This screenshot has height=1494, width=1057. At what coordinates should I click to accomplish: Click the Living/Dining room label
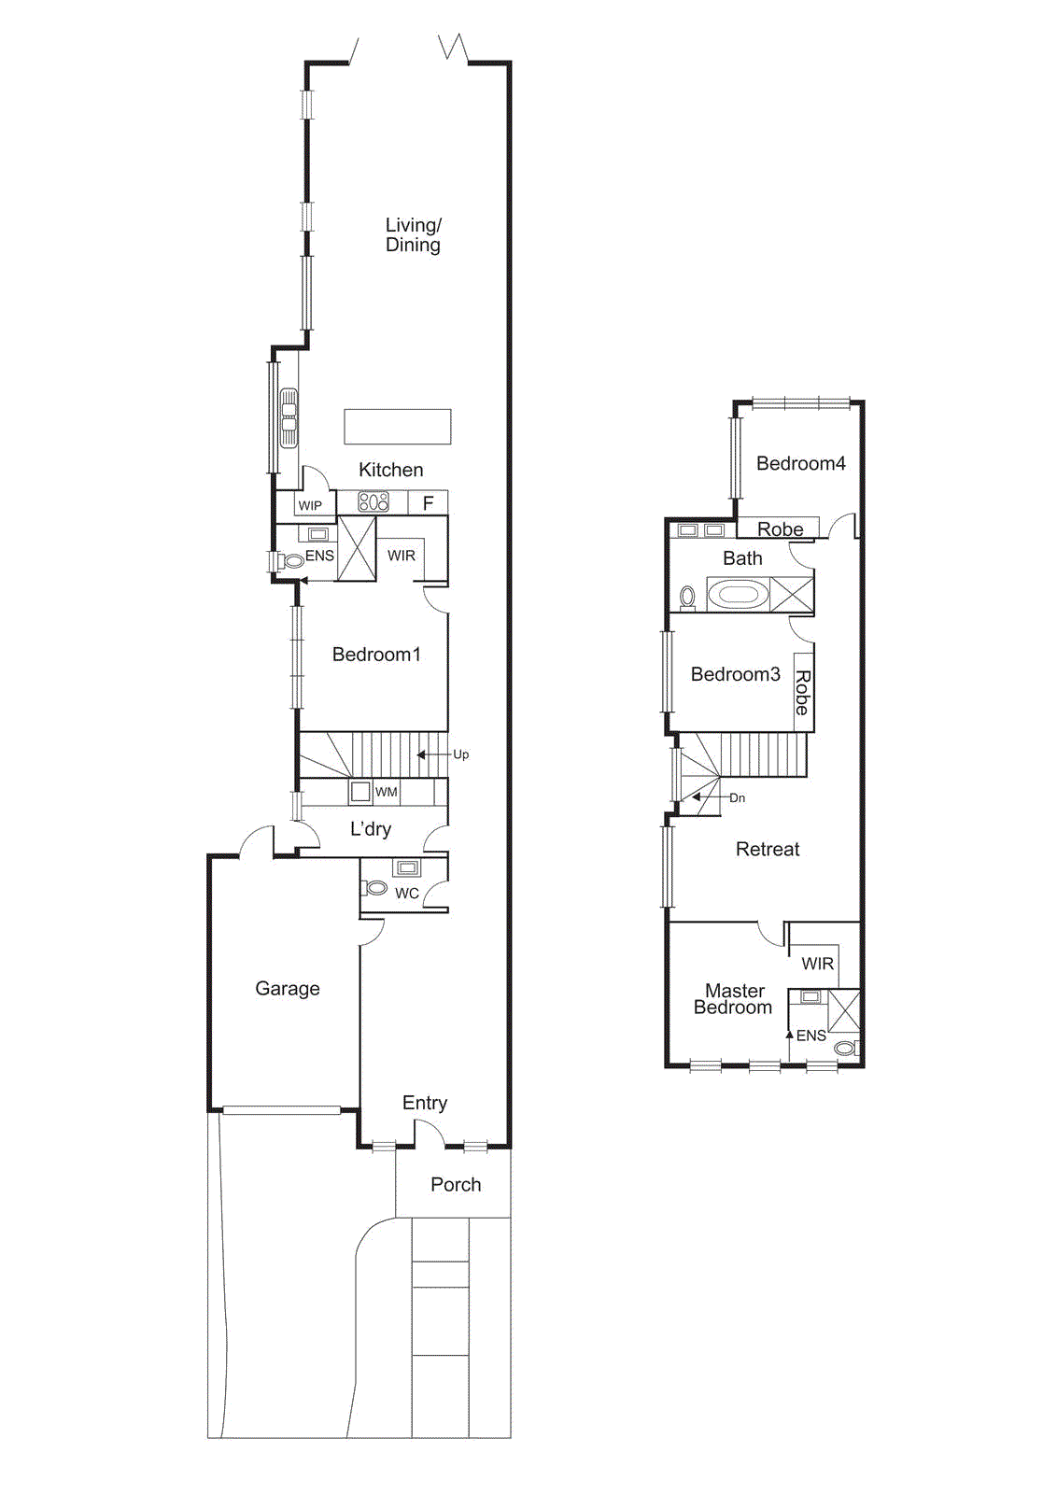413,234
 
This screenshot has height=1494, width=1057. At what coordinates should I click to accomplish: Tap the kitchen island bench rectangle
398,427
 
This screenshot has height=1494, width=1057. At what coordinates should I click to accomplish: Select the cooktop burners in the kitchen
373,502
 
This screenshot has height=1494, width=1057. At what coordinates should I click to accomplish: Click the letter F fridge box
429,503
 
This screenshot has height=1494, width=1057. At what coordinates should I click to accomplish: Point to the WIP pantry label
310,505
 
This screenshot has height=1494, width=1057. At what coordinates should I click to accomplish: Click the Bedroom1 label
376,655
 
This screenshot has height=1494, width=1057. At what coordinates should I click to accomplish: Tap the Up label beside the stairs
461,754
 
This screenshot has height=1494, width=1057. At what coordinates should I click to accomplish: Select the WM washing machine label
387,792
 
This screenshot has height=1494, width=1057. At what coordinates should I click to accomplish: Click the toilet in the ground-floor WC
375,887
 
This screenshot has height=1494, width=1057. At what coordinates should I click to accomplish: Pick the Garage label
288,988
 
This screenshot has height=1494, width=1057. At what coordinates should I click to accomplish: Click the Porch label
456,1184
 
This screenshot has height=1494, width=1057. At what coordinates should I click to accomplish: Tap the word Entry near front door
425,1103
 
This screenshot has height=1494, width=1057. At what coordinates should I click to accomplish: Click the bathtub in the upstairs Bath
739,594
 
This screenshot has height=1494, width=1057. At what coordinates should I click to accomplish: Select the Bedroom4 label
800,463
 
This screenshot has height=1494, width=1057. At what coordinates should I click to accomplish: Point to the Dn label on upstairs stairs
738,798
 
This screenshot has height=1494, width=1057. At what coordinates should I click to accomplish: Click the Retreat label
768,849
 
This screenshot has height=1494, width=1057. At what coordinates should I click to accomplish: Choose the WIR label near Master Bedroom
817,964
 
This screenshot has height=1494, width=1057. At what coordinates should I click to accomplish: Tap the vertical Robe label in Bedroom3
802,692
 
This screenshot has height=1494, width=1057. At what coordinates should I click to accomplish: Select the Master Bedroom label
734,999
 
